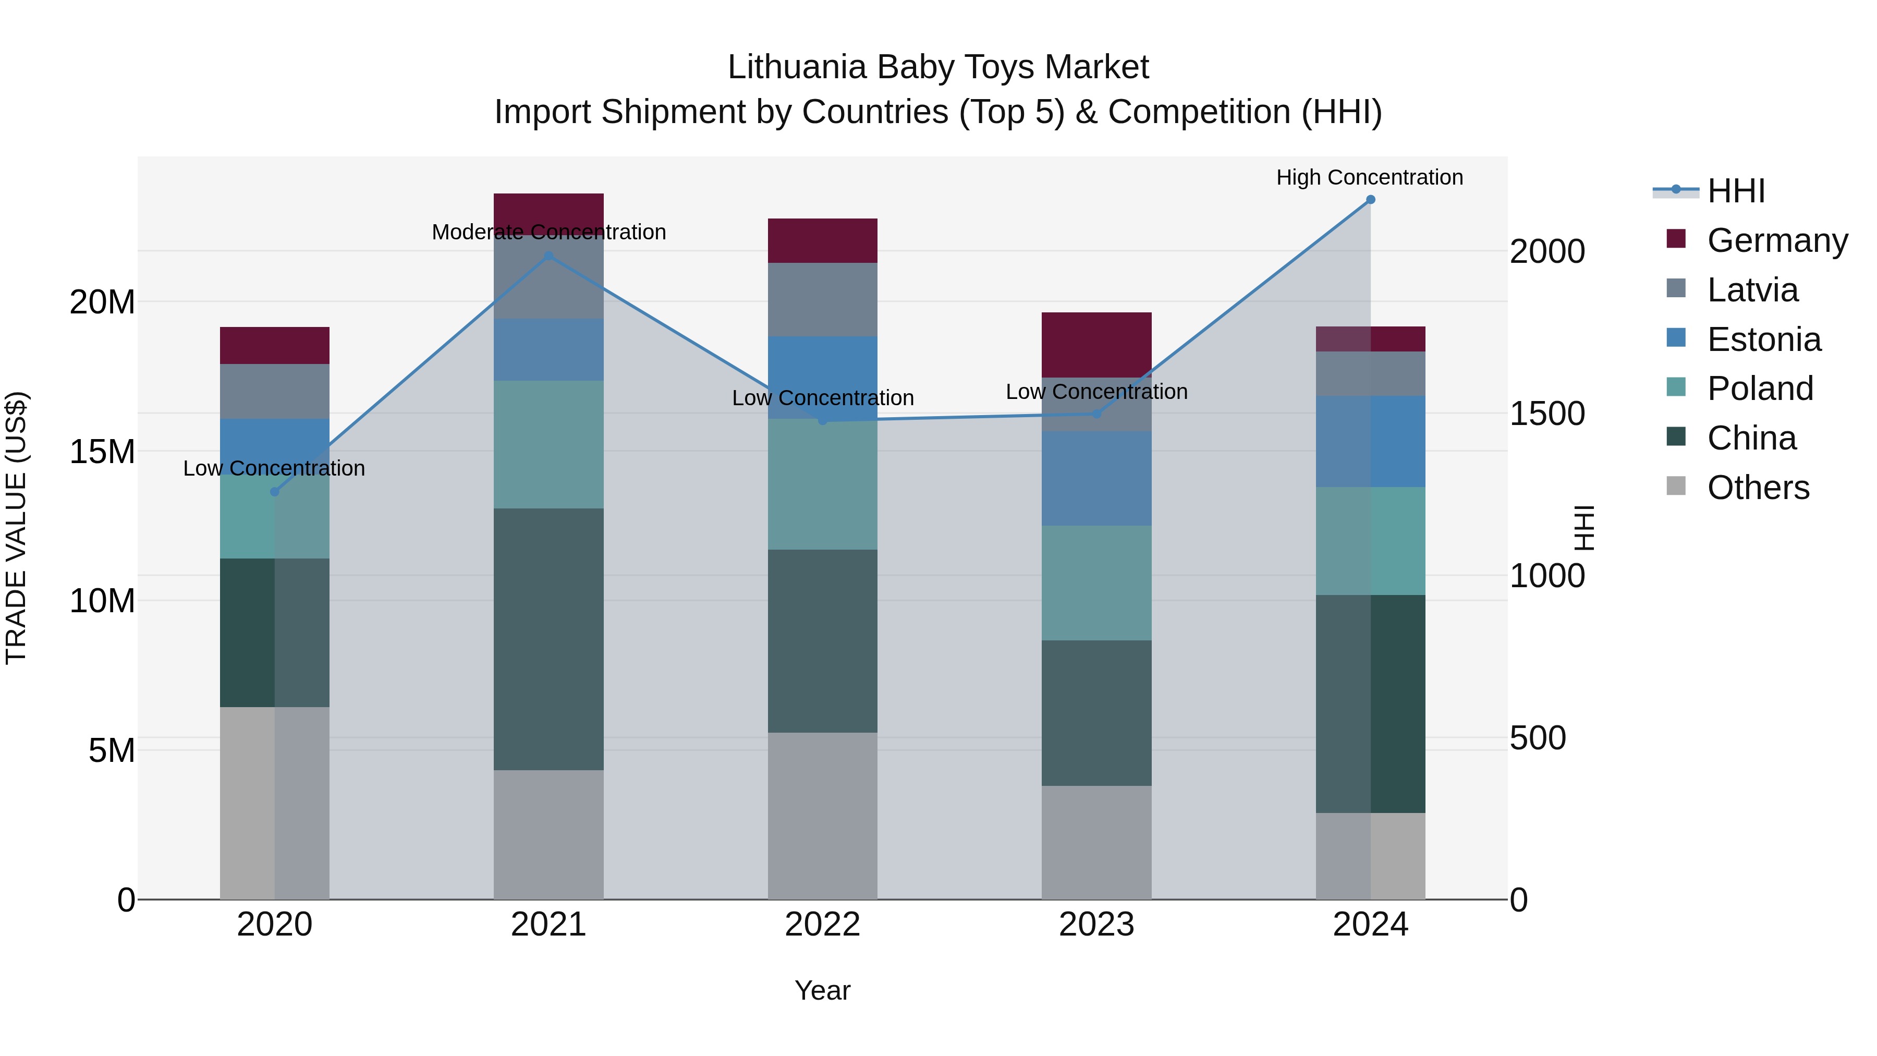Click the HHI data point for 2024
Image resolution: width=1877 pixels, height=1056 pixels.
coord(1370,200)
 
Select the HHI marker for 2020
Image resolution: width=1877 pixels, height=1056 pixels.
coord(275,492)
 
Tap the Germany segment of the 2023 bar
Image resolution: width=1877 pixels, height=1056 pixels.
coord(1096,345)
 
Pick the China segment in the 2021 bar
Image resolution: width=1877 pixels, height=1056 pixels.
coord(549,639)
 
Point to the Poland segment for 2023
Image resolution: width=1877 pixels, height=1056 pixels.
coord(1096,583)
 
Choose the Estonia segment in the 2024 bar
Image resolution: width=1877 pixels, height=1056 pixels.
coord(1370,442)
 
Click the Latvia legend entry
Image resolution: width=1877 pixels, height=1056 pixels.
coord(1752,290)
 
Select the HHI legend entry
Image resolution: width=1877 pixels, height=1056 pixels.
coord(1736,191)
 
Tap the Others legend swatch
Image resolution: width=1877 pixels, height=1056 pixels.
coord(1676,486)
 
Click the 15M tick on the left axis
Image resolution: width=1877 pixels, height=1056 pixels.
coord(102,452)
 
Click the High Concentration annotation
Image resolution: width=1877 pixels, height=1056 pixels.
coord(1369,177)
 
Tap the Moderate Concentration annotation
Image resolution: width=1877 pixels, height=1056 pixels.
coord(549,232)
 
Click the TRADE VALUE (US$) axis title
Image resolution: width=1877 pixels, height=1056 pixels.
coord(16,528)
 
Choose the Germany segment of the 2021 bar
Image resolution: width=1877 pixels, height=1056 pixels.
coord(549,213)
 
